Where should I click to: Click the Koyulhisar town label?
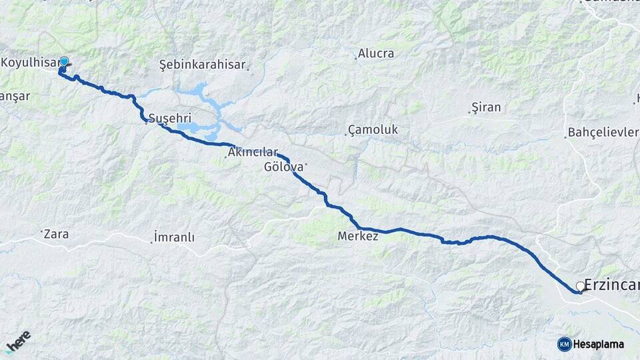coord(29,63)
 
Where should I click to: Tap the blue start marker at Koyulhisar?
coord(64,62)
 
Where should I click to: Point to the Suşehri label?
coord(165,118)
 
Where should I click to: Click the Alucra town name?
coord(376,53)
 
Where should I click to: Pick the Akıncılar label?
coord(253,153)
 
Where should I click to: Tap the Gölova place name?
coord(284,167)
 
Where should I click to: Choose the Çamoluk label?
coord(373,129)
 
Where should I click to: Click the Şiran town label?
coord(486,107)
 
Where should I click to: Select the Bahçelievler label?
coord(603,132)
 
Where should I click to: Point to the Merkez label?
coord(358,236)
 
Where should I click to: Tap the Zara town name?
coord(56,234)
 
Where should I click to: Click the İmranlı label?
coord(174,237)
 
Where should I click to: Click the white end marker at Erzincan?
coord(580,287)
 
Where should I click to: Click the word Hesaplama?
coord(599,344)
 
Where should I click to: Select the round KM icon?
coord(564,344)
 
